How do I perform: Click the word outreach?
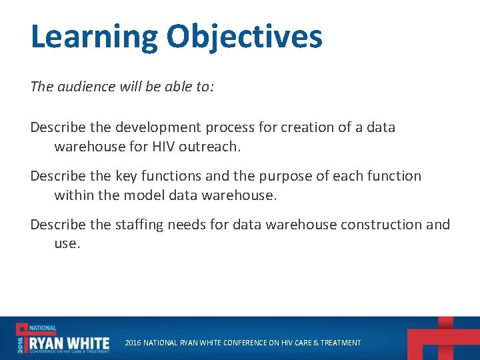(208, 146)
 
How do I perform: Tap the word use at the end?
(66, 244)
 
